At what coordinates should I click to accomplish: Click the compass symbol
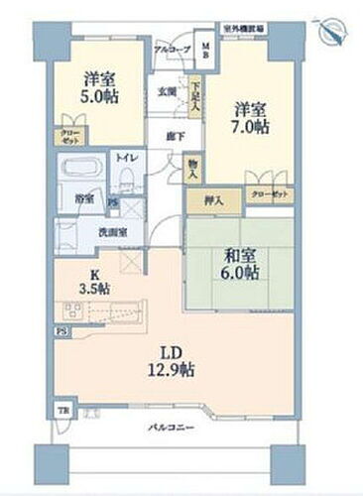pyautogui.click(x=334, y=31)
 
